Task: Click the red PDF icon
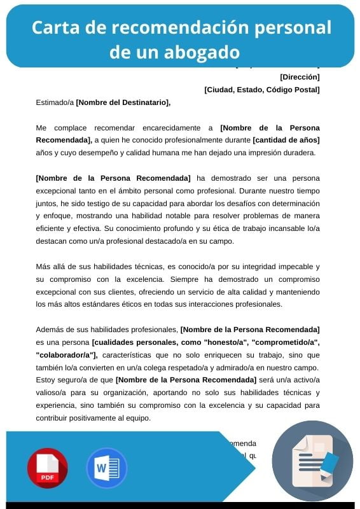point(47,468)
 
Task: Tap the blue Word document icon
point(106,468)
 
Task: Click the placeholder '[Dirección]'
point(300,77)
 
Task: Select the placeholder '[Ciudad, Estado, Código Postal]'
point(261,90)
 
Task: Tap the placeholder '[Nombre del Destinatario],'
point(123,102)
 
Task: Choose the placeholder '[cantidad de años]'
point(286,140)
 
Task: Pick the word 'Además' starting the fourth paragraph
point(50,329)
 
